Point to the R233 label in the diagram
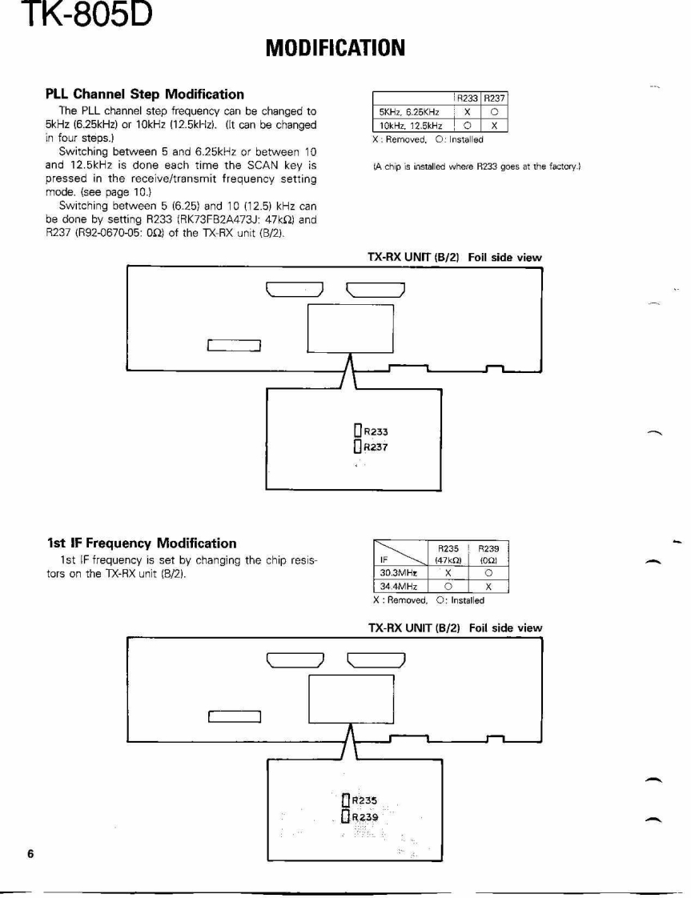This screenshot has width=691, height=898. click(x=376, y=431)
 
